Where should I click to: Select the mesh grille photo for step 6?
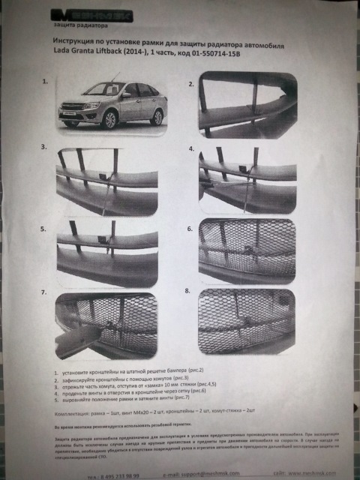point(253,254)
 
